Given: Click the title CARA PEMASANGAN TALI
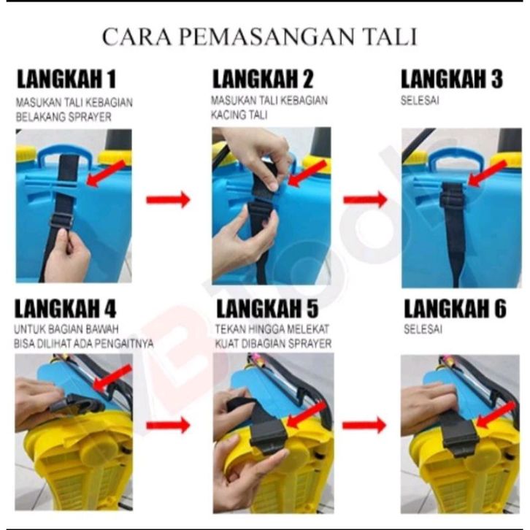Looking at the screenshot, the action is [x=260, y=37].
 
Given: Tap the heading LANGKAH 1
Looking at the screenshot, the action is [x=66, y=80].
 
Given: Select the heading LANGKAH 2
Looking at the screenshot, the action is [x=263, y=79].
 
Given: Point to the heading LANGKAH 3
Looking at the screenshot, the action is [x=452, y=79].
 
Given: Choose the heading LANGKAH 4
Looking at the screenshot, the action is [x=65, y=309].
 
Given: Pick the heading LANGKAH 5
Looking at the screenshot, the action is [x=267, y=309].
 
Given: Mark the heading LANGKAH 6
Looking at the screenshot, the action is [x=455, y=309].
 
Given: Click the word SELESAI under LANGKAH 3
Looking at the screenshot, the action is [x=420, y=101].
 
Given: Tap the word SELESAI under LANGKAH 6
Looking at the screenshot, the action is [x=423, y=329].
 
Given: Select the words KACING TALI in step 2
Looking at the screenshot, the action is [x=239, y=115].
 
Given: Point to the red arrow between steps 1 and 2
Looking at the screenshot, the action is [x=168, y=200].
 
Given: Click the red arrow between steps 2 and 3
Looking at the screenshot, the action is [x=365, y=200].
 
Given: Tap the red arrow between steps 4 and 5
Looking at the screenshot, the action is [x=168, y=425].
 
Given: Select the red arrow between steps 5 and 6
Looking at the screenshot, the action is [x=364, y=425].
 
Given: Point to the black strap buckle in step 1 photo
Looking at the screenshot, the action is [x=61, y=222].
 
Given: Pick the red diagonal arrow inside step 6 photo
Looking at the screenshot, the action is [x=496, y=416].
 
